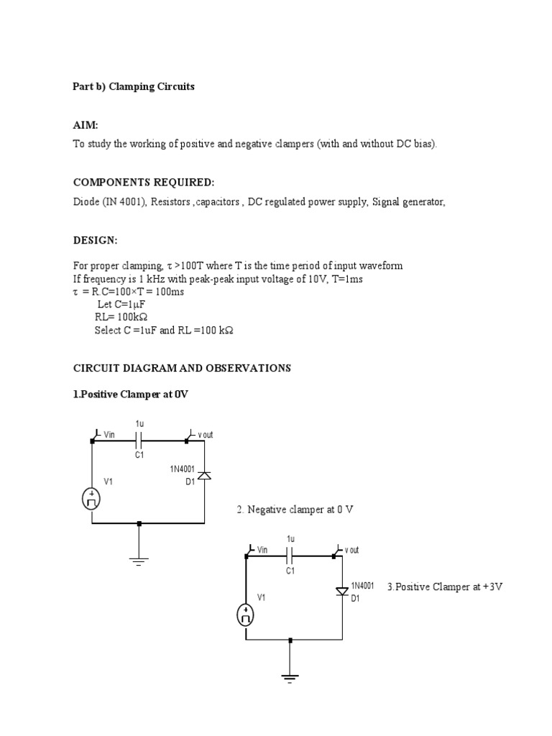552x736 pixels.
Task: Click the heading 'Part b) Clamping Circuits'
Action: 133,86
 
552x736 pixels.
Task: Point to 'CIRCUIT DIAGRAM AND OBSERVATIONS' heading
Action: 182,368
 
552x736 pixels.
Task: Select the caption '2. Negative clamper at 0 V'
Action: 295,510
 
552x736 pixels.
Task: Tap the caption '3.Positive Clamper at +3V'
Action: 444,586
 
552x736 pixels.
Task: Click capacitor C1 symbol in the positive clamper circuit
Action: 139,440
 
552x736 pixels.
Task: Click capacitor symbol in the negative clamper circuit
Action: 290,555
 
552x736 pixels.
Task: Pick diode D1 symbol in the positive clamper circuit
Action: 204,475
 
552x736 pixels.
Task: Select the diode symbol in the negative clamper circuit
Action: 342,591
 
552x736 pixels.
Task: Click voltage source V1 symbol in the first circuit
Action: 92,499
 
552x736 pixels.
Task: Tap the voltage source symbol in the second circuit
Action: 246,615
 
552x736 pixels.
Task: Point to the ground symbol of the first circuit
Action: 139,560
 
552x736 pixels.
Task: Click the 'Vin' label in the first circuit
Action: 109,435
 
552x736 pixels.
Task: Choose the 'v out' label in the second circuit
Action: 351,550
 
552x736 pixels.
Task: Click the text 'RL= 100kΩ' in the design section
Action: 125,317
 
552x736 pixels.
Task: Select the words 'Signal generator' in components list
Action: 408,202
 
